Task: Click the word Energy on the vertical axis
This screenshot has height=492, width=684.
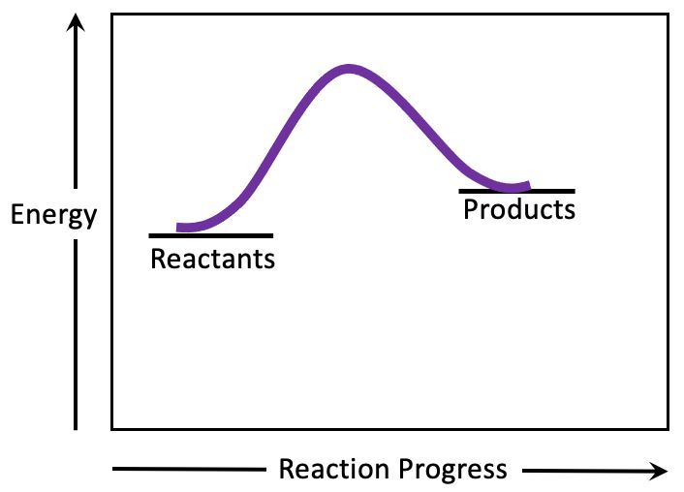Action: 53,215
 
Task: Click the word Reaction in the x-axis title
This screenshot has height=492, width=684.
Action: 334,470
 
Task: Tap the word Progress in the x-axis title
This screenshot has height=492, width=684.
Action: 452,471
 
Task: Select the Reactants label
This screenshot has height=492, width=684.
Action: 212,259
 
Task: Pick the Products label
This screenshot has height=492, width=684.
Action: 519,209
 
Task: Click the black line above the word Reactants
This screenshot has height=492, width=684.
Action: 211,236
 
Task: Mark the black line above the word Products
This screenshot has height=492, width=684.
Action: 517,191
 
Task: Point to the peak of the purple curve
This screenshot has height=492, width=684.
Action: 349,70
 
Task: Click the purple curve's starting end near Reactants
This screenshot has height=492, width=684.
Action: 178,228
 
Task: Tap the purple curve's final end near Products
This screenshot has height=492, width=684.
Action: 528,186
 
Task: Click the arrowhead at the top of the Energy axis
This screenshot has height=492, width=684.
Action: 76,22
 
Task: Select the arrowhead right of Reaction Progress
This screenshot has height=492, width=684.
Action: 658,471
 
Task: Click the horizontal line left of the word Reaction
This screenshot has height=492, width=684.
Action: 189,470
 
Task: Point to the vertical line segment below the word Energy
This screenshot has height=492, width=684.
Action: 76,334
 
